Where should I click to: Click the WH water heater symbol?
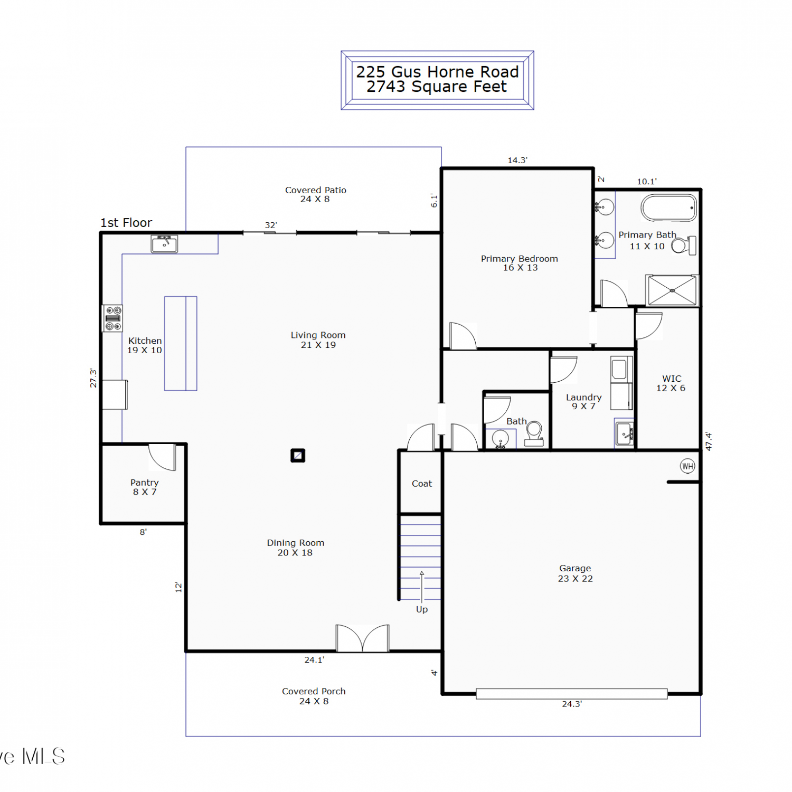[687, 466]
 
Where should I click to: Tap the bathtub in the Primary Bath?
[668, 208]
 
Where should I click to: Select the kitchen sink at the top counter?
[164, 244]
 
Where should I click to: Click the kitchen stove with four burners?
[112, 318]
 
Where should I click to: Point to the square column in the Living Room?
[298, 455]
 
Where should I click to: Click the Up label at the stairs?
[422, 609]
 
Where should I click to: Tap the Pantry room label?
[144, 483]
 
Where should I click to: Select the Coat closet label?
[422, 484]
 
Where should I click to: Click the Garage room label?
[575, 569]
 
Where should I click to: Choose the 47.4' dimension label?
[709, 441]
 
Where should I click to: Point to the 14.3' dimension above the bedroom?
[517, 160]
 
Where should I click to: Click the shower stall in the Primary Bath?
[672, 290]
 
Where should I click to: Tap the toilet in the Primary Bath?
[684, 246]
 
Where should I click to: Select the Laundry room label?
[583, 397]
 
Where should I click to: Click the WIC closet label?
[672, 379]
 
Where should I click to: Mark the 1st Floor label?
[126, 223]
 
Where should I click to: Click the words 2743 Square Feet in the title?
[437, 87]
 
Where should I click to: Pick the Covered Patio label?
[316, 190]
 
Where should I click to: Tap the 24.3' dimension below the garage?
[572, 704]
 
